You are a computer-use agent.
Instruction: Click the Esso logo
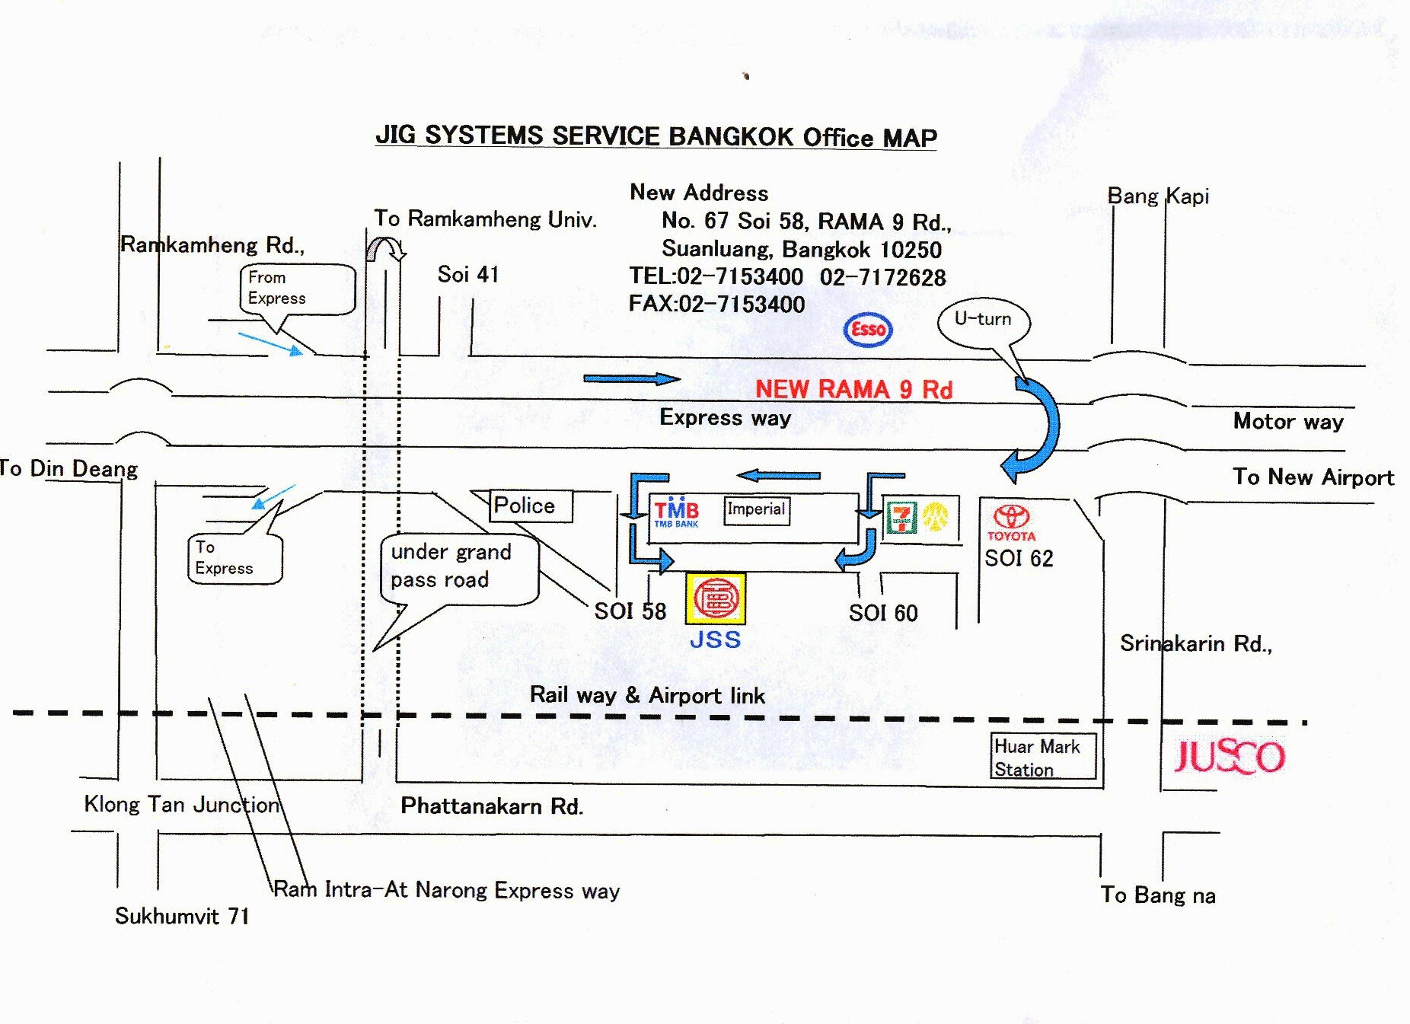pyautogui.click(x=868, y=330)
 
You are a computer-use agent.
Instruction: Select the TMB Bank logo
pyautogui.click(x=676, y=512)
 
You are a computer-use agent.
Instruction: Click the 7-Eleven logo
pyautogui.click(x=901, y=517)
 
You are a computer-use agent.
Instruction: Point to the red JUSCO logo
pyautogui.click(x=1229, y=756)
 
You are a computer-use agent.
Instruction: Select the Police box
pyautogui.click(x=531, y=506)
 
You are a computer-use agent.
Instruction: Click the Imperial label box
pyautogui.click(x=757, y=510)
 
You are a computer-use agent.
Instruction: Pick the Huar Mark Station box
pyautogui.click(x=1044, y=756)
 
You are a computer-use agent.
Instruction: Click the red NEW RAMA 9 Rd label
pyautogui.click(x=853, y=389)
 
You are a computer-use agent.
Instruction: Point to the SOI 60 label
pyautogui.click(x=883, y=613)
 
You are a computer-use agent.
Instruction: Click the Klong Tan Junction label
pyautogui.click(x=182, y=805)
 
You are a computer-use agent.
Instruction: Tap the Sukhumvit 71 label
pyautogui.click(x=182, y=915)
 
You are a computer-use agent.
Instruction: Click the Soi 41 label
pyautogui.click(x=468, y=274)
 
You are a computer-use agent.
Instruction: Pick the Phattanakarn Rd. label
pyautogui.click(x=492, y=805)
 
